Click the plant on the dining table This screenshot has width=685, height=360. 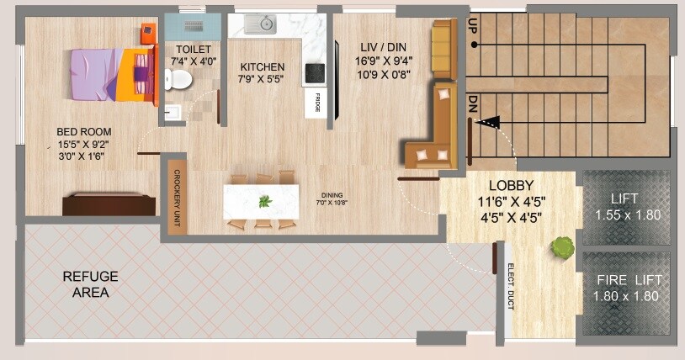[x=265, y=201]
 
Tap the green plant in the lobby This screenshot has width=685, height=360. [x=561, y=246]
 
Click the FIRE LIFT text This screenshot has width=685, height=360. [x=629, y=280]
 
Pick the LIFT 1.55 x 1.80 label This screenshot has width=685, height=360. [x=627, y=207]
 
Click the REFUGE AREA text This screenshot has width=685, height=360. [x=91, y=284]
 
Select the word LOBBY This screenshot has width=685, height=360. [x=512, y=186]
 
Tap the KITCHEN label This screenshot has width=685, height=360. [x=263, y=67]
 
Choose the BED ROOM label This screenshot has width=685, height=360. [x=84, y=132]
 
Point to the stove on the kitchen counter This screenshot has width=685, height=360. [x=314, y=71]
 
